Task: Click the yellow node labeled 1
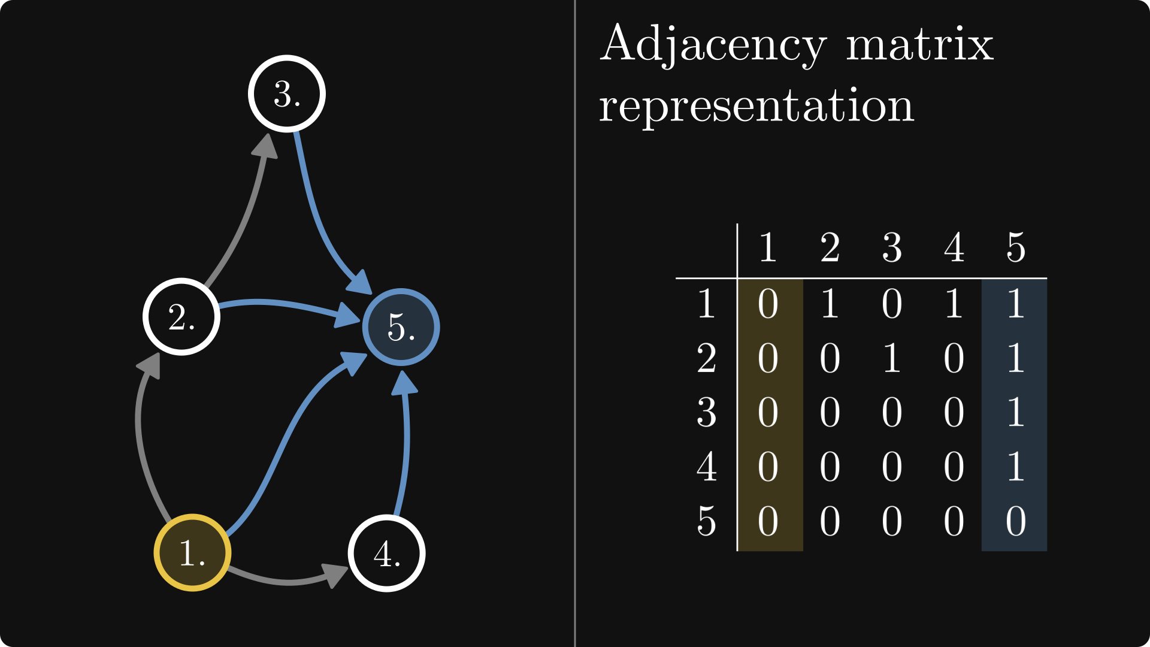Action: click(192, 552)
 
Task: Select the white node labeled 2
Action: click(181, 316)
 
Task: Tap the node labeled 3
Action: click(287, 93)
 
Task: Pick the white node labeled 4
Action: click(387, 553)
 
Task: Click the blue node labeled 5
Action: click(401, 327)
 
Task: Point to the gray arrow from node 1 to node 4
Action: click(287, 580)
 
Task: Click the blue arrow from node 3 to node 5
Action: click(317, 216)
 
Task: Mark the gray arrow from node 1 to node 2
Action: click(141, 443)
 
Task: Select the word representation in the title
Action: click(756, 106)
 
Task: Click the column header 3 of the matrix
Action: click(892, 247)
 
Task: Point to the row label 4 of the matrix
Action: click(707, 467)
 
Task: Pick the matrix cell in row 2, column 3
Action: click(892, 358)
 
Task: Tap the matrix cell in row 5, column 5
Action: click(1015, 521)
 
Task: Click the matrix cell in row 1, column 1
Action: click(768, 304)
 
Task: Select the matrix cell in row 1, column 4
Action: click(954, 304)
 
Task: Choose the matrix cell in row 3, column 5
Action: click(1015, 413)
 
